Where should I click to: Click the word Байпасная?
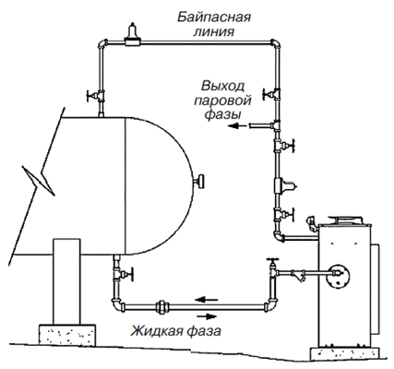[214, 17]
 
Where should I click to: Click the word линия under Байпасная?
[214, 32]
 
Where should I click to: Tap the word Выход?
[223, 87]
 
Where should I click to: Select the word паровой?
[222, 101]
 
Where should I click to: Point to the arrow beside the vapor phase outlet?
[237, 125]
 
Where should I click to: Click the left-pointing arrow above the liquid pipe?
[207, 299]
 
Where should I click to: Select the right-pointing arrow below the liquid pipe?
[207, 316]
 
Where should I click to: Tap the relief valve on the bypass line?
[133, 35]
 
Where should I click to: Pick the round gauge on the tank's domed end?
[200, 181]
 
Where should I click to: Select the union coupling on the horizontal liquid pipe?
[161, 307]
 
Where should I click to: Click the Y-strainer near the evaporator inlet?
[300, 274]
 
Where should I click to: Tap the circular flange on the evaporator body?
[338, 274]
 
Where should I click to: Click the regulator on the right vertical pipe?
[284, 185]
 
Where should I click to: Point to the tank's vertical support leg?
[66, 281]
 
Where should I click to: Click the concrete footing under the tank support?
[66, 335]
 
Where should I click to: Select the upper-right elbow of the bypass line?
[276, 44]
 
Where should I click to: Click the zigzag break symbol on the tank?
[39, 181]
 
